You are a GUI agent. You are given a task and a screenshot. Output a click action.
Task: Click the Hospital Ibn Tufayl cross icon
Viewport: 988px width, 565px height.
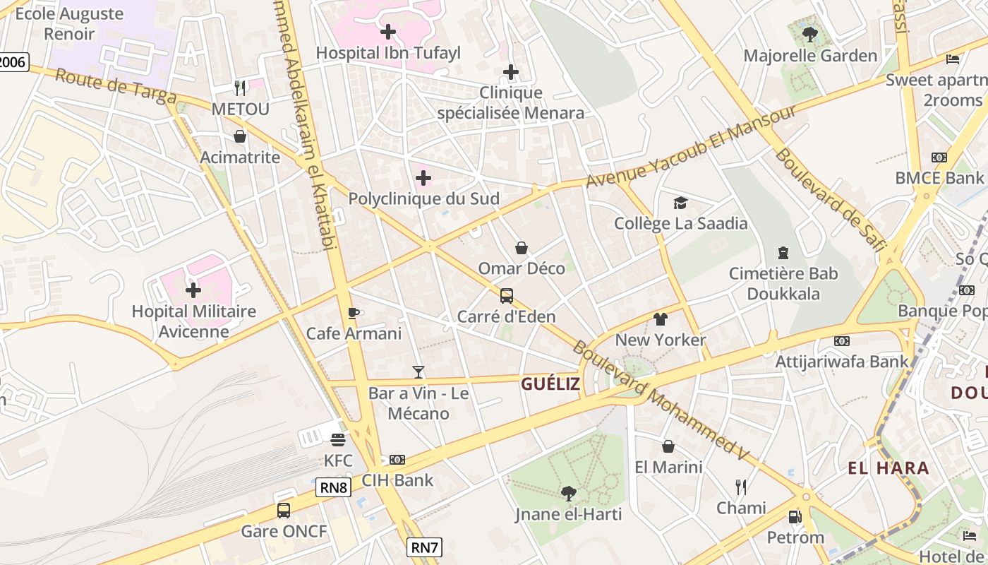pyautogui.click(x=387, y=32)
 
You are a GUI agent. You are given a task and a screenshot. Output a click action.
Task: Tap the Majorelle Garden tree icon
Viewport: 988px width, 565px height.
pyautogui.click(x=810, y=34)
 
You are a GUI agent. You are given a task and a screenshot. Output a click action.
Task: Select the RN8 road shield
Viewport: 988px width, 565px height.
pyautogui.click(x=333, y=487)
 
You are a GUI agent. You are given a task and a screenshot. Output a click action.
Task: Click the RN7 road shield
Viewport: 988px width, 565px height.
pyautogui.click(x=424, y=546)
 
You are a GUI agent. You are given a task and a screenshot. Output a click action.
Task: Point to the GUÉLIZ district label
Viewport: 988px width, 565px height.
pyautogui.click(x=550, y=384)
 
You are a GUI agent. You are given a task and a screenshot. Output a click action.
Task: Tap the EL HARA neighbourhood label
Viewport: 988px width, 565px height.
pyautogui.click(x=888, y=468)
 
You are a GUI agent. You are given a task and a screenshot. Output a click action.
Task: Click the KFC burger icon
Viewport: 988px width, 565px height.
pyautogui.click(x=338, y=440)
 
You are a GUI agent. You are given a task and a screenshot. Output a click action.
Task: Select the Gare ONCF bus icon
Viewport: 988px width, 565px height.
pyautogui.click(x=284, y=511)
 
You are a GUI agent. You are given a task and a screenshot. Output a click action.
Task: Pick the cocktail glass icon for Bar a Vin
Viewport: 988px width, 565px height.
pyautogui.click(x=418, y=372)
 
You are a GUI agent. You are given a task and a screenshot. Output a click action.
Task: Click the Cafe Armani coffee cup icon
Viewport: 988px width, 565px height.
pyautogui.click(x=354, y=313)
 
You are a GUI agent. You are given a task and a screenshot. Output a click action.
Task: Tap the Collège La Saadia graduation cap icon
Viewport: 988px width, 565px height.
pyautogui.click(x=680, y=203)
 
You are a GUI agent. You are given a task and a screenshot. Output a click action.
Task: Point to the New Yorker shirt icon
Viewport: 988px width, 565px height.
pyautogui.click(x=661, y=319)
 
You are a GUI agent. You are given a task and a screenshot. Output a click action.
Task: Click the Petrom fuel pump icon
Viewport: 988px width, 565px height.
pyautogui.click(x=795, y=517)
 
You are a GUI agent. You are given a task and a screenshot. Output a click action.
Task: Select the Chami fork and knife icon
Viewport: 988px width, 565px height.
pyautogui.click(x=741, y=487)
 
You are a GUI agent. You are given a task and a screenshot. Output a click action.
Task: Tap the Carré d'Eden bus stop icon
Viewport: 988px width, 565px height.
pyautogui.click(x=507, y=296)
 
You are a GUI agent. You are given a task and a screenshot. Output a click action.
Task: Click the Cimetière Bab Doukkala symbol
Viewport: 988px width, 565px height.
pyautogui.click(x=783, y=252)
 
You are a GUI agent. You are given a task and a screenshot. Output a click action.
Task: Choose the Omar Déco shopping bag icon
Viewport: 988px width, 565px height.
pyautogui.click(x=522, y=248)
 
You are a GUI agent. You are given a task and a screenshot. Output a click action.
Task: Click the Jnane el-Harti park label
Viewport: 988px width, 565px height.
pyautogui.click(x=569, y=514)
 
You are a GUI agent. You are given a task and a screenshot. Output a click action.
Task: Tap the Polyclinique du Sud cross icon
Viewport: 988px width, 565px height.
pyautogui.click(x=423, y=179)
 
